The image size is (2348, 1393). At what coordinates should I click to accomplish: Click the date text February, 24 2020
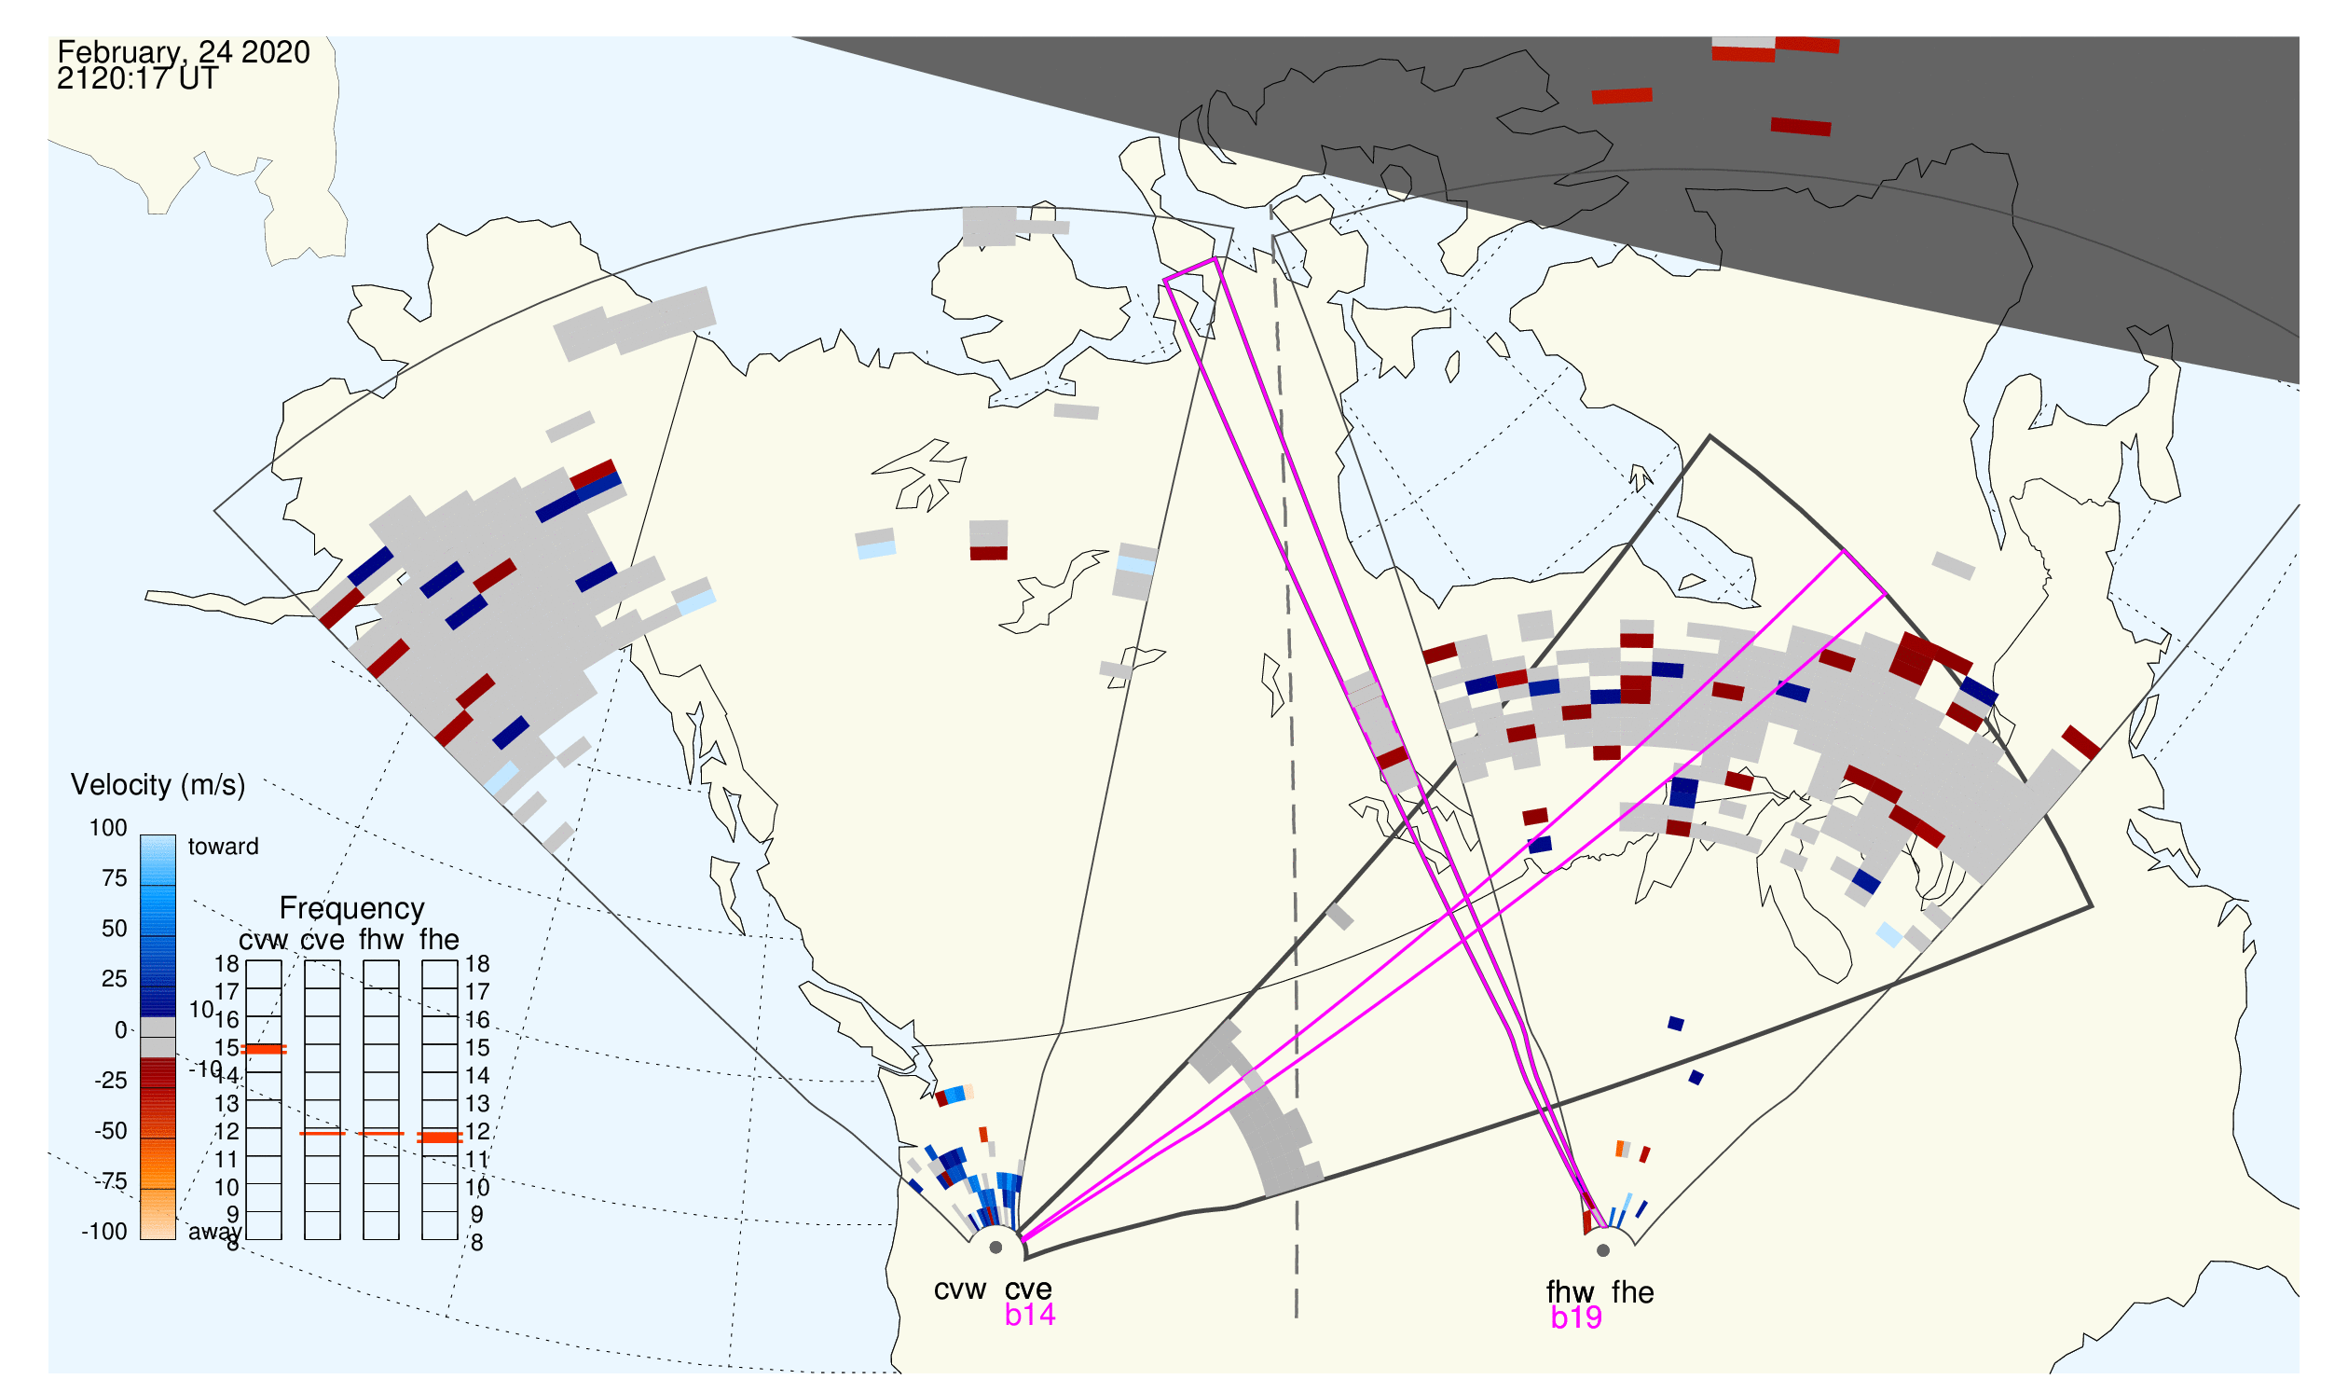pos(184,52)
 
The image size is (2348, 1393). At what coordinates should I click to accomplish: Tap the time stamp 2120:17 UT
pos(138,79)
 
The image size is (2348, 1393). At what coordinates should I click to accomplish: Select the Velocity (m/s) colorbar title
pos(158,786)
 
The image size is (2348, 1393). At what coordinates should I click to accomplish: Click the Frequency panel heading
pos(352,910)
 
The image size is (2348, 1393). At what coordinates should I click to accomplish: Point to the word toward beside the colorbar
pos(224,848)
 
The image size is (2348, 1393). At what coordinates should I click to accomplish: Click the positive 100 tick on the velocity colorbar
pos(109,829)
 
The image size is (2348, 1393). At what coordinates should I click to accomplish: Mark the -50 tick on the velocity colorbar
pos(111,1132)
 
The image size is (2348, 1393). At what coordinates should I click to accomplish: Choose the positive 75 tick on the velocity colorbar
pos(115,879)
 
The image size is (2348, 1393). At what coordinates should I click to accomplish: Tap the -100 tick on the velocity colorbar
pos(104,1233)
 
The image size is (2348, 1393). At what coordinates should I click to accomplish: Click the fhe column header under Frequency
pos(439,941)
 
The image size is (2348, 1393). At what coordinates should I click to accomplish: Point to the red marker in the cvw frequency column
pos(264,1051)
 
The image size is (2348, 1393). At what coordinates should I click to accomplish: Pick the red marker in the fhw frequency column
pos(381,1135)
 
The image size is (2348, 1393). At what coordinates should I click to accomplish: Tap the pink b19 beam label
pos(1576,1319)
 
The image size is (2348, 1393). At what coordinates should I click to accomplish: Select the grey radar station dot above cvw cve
pos(996,1249)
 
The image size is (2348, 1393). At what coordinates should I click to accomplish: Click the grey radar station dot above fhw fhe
pos(1604,1251)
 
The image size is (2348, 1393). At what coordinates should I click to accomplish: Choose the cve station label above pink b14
pos(1028,1290)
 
